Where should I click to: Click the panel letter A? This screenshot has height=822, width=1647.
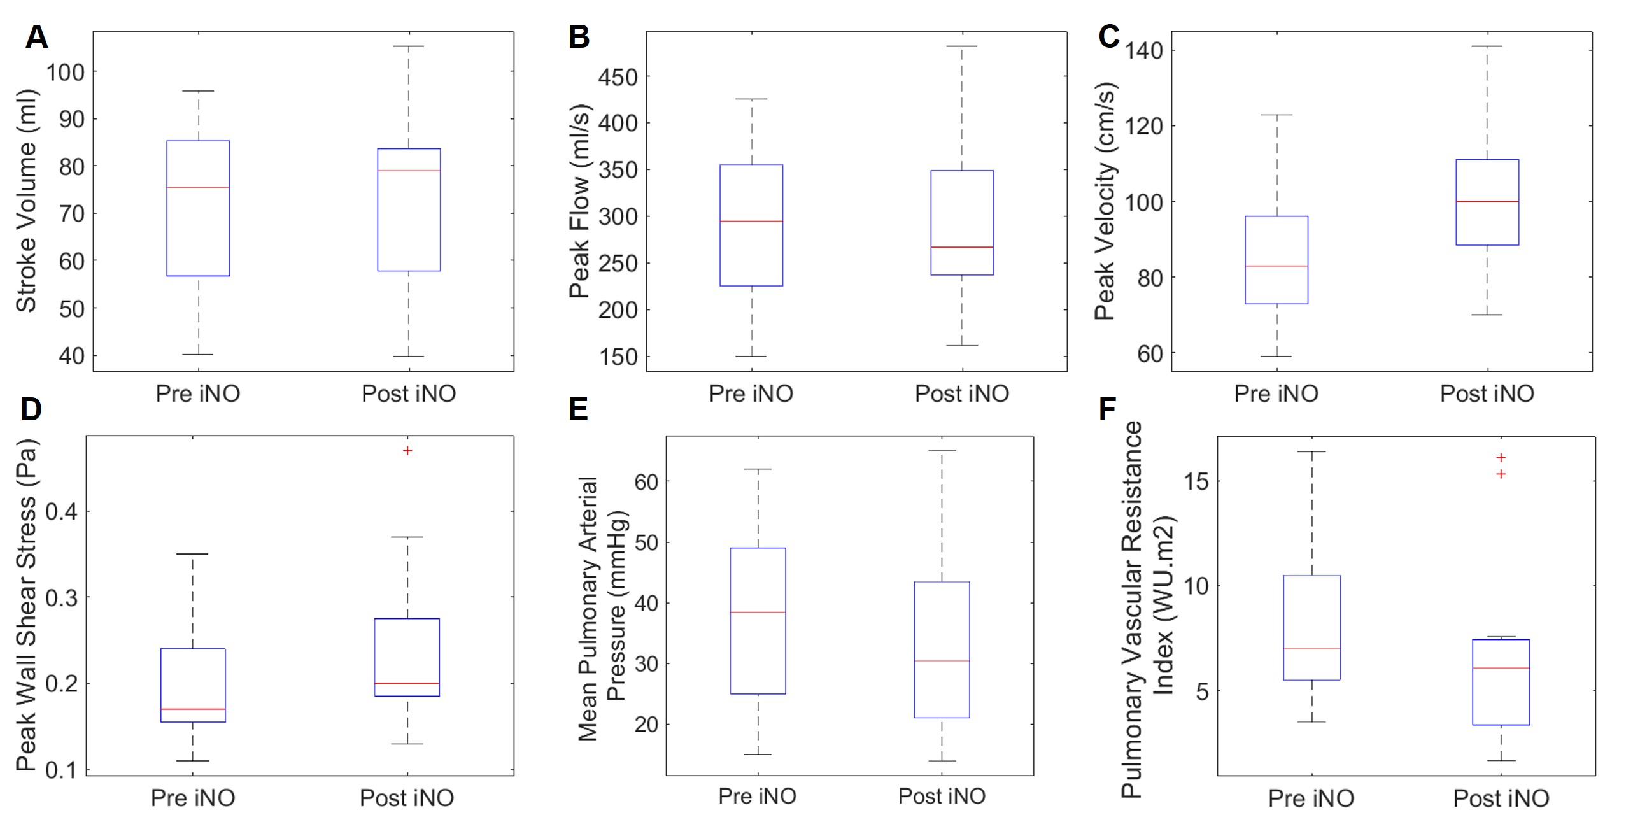[36, 37]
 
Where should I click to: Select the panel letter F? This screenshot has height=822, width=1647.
[1107, 409]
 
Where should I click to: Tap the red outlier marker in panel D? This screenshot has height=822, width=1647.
[407, 451]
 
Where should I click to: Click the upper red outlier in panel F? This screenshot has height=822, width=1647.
[1501, 458]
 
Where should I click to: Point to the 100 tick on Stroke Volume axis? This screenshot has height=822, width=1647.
[65, 72]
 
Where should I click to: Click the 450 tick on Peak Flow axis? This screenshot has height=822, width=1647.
[618, 77]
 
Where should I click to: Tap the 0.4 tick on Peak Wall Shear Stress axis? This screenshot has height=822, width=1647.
[61, 511]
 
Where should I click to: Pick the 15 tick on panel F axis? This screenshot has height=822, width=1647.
[1196, 481]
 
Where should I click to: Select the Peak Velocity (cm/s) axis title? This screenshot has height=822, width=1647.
[1105, 201]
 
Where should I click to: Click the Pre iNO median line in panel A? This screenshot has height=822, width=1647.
[198, 187]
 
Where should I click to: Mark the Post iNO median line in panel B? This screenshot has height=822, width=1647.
[961, 247]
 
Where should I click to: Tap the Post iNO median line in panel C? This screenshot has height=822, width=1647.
[1487, 201]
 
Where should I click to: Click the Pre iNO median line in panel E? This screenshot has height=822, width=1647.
[758, 612]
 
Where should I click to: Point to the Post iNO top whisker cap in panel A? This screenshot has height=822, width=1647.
[409, 46]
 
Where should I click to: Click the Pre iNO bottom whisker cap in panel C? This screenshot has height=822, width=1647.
[1277, 357]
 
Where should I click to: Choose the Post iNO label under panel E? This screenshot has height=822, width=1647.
[942, 796]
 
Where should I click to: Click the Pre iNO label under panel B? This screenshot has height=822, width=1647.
[751, 393]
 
